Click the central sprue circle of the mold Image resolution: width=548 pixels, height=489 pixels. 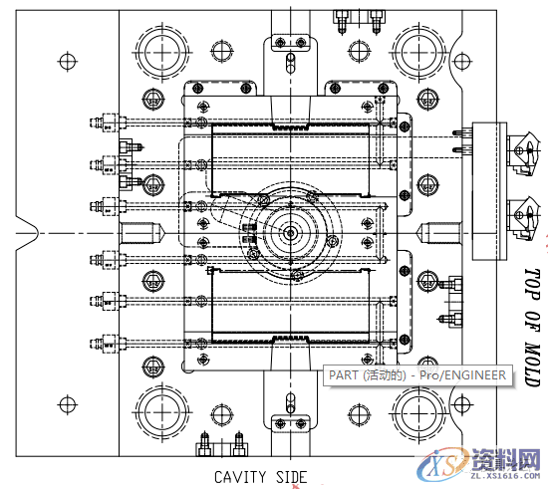290,232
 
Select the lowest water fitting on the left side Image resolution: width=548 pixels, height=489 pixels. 106,344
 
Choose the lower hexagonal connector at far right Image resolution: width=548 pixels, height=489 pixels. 520,212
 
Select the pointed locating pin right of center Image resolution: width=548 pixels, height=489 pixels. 435,232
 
